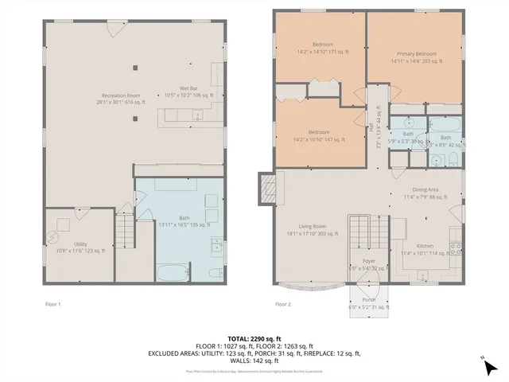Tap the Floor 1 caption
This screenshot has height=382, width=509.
click(x=53, y=304)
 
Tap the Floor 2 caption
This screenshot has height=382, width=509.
click(x=283, y=304)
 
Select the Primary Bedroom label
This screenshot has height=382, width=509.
click(x=414, y=57)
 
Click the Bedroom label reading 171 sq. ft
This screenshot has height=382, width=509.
click(x=322, y=48)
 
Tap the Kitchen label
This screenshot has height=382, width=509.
click(x=425, y=250)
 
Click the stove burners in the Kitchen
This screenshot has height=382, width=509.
click(x=457, y=246)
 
